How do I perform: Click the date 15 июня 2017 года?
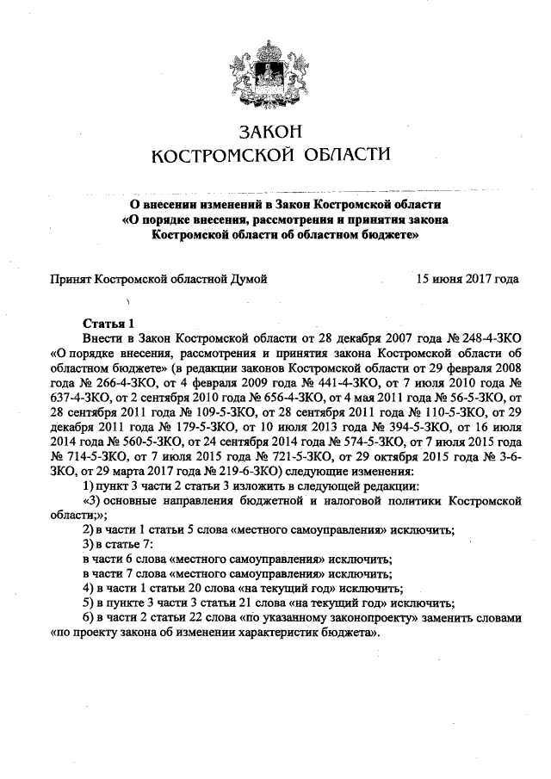pyautogui.click(x=467, y=279)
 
